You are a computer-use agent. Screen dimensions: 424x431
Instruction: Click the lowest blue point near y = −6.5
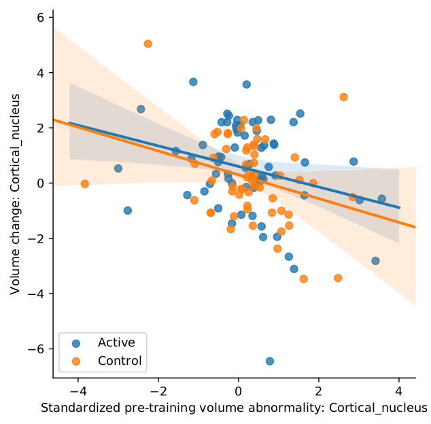(269, 361)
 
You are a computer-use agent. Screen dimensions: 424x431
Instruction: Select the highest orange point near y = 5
(148, 43)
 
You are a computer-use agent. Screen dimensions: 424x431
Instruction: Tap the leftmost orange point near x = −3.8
(85, 184)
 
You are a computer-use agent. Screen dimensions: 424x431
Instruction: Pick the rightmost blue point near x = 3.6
(381, 198)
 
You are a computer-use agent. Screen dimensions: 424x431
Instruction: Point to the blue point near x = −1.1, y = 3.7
(193, 82)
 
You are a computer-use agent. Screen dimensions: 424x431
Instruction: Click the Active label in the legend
(116, 342)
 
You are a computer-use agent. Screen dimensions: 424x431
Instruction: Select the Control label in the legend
(120, 361)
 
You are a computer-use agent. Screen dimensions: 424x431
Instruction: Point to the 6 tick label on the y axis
(40, 18)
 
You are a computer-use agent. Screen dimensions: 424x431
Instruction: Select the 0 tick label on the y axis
(40, 183)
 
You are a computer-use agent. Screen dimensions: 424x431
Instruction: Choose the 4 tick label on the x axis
(399, 392)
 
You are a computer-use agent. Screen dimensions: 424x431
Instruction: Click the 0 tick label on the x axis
(239, 392)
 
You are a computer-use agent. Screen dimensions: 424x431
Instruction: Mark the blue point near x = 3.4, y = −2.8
(375, 261)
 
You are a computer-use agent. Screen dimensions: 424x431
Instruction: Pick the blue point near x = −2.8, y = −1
(127, 211)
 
